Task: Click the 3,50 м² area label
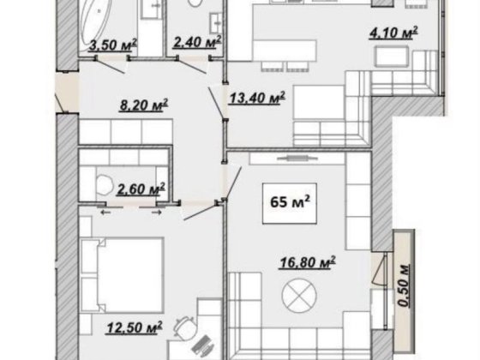[112, 45]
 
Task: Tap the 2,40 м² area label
[197, 42]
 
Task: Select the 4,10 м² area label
[393, 33]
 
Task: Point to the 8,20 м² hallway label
[144, 105]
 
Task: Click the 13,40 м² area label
[257, 98]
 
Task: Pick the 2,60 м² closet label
[141, 189]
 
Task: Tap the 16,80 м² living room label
[308, 263]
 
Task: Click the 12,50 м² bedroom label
[135, 327]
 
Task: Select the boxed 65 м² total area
[290, 203]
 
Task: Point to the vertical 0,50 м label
[404, 285]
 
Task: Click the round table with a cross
[299, 296]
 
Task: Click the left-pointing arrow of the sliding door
[105, 213]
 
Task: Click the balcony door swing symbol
[379, 269]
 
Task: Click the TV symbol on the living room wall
[296, 159]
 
